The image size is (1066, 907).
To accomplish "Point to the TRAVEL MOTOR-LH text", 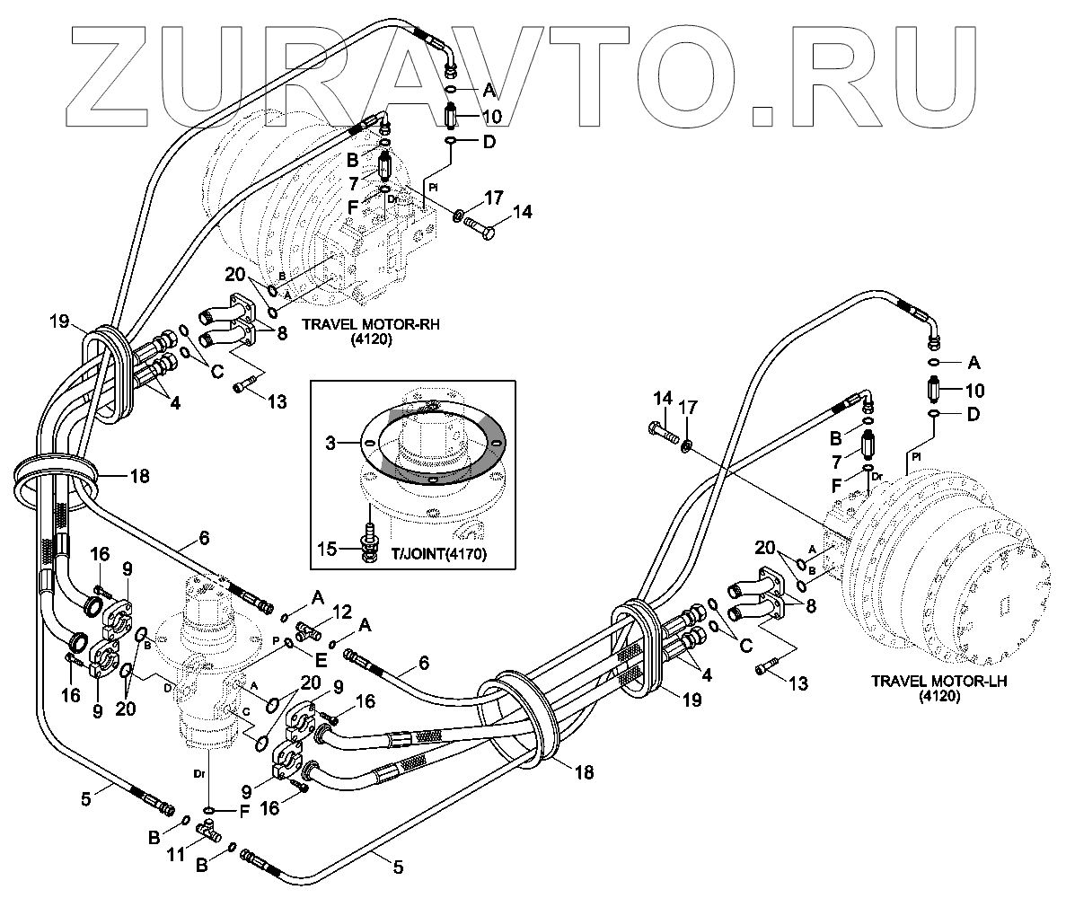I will [x=938, y=681].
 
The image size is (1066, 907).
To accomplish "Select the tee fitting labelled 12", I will [x=309, y=630].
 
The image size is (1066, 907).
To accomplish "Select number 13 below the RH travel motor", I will [x=277, y=401].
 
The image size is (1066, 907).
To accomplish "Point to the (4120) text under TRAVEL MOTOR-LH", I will [x=938, y=696].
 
